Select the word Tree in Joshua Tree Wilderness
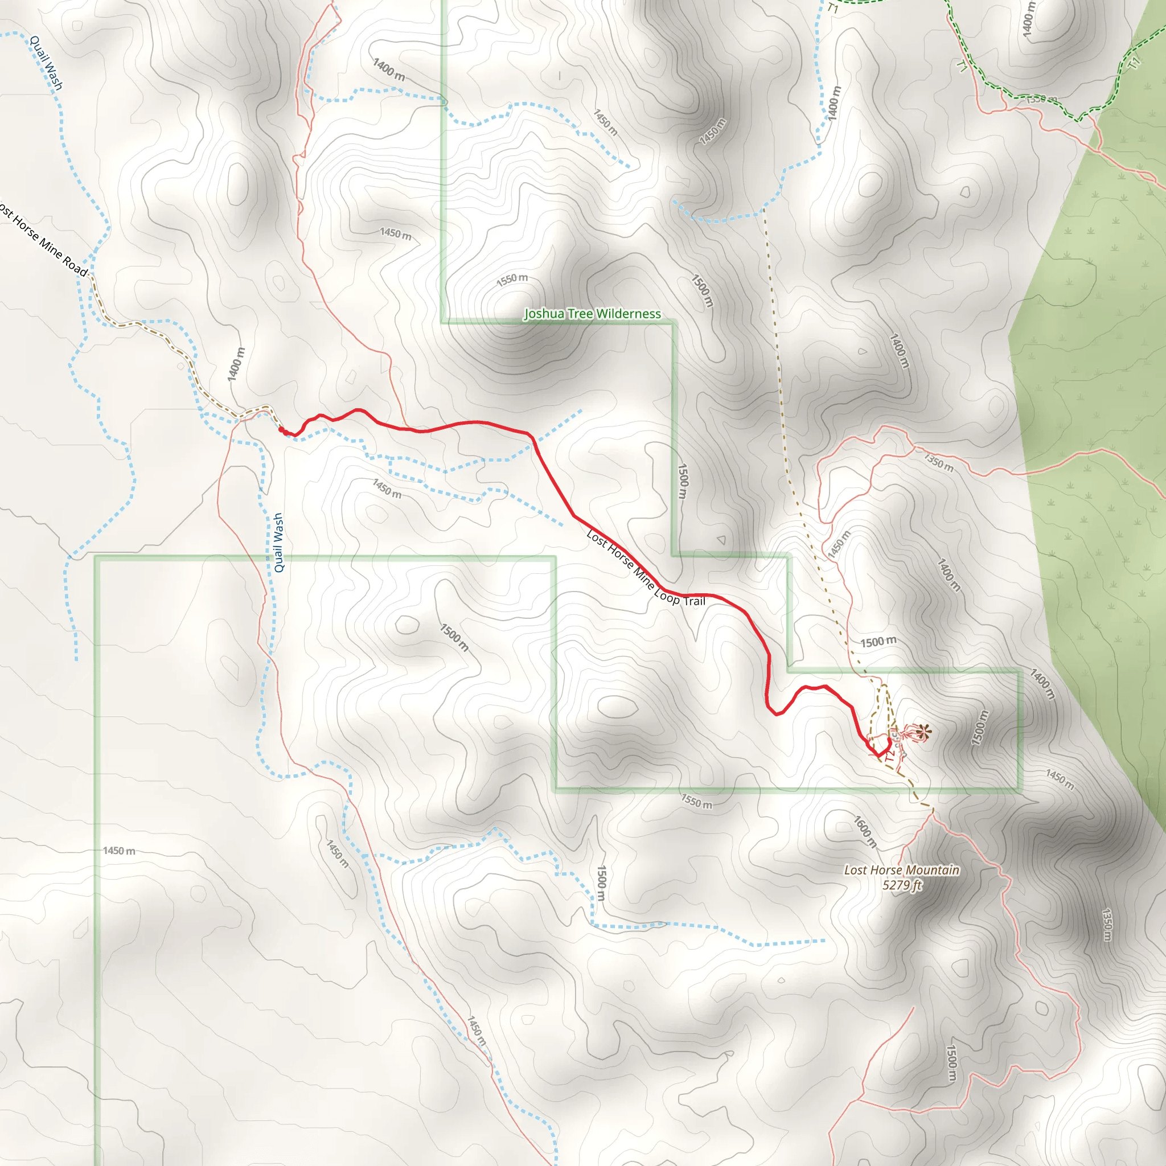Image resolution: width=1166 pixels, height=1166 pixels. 577,314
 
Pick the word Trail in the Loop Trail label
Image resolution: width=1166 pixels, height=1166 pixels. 694,601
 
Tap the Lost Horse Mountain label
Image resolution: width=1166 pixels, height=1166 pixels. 901,871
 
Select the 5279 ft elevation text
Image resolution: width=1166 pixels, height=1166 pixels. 902,885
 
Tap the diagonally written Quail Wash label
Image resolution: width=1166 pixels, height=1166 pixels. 46,63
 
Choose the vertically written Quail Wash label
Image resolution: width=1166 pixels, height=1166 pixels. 278,542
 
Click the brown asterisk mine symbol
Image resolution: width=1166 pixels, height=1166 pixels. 921,733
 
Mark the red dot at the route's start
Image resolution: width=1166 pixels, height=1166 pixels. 281,430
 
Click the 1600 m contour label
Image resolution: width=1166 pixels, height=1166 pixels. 864,831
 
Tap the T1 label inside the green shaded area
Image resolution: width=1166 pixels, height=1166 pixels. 1135,61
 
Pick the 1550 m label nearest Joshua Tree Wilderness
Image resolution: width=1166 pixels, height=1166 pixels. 512,280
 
